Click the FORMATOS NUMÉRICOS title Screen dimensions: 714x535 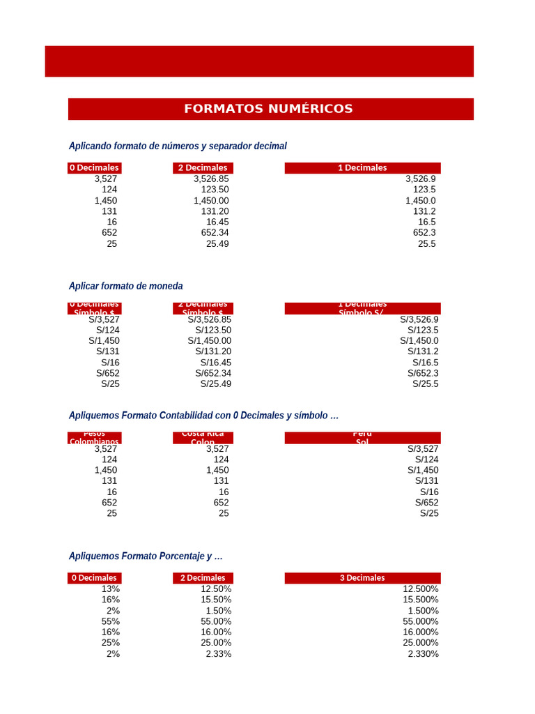pyautogui.click(x=268, y=109)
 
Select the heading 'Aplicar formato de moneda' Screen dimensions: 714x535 pyautogui.click(x=126, y=286)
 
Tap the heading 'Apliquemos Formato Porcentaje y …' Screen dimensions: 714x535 pyautogui.click(x=146, y=556)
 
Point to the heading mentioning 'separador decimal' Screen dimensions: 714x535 pyautogui.click(x=178, y=146)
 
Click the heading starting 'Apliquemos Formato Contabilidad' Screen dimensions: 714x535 pyautogui.click(x=203, y=415)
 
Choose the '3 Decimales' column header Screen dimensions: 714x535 pyautogui.click(x=362, y=578)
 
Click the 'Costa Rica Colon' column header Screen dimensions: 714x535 pyautogui.click(x=203, y=438)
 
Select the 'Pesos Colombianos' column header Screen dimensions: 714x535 pyautogui.click(x=95, y=438)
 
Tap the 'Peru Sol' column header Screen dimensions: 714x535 pyautogui.click(x=362, y=438)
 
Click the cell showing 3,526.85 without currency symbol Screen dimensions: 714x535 pyautogui.click(x=211, y=178)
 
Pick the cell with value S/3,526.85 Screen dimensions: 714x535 pyautogui.click(x=210, y=319)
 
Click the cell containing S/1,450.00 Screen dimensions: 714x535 pyautogui.click(x=210, y=341)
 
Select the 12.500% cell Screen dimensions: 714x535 pyautogui.click(x=421, y=589)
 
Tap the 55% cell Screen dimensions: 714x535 pyautogui.click(x=111, y=621)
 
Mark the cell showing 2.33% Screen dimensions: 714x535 pyautogui.click(x=219, y=654)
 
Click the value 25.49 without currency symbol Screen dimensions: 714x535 pyautogui.click(x=217, y=243)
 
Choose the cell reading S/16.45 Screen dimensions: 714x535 pyautogui.click(x=216, y=363)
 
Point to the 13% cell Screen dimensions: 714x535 pyautogui.click(x=111, y=589)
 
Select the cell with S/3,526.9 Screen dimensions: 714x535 pyautogui.click(x=419, y=319)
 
